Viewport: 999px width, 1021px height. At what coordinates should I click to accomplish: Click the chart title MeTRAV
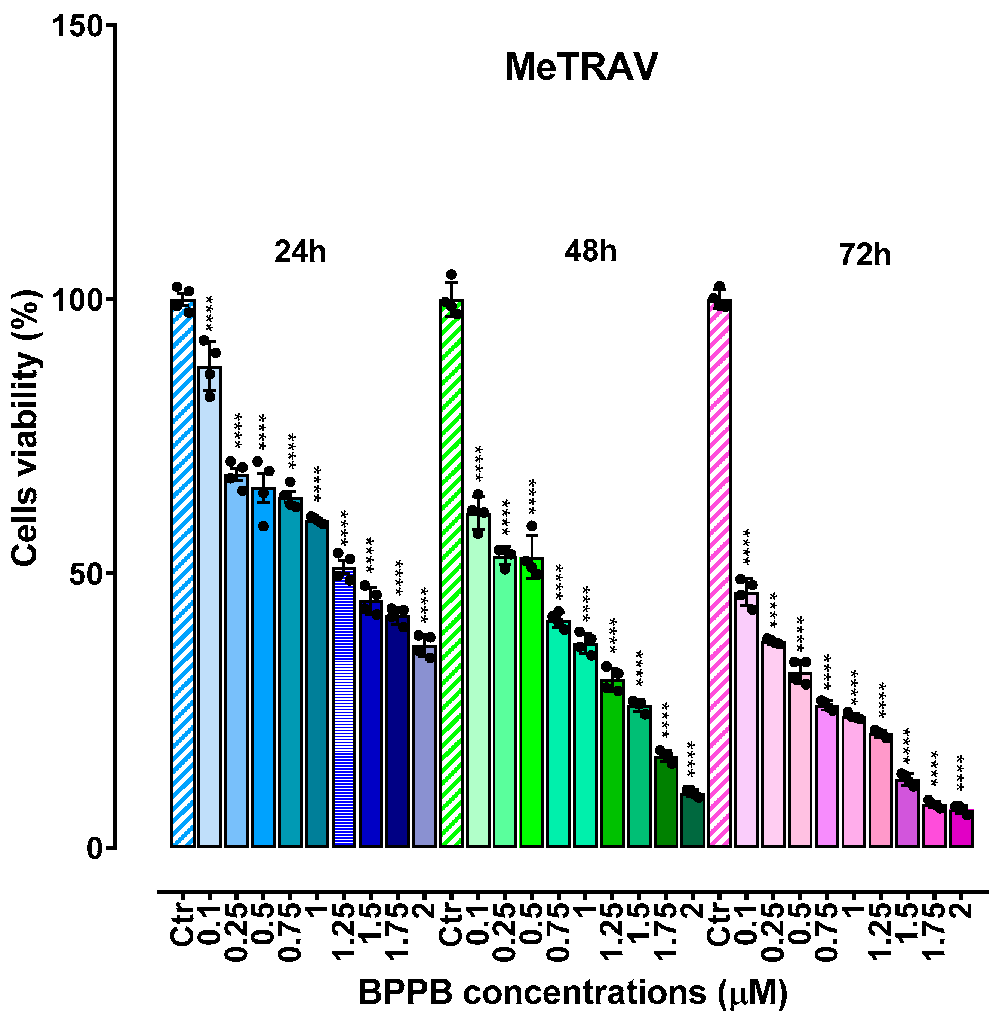click(x=581, y=68)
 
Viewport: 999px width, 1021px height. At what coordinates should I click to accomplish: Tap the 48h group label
click(x=591, y=251)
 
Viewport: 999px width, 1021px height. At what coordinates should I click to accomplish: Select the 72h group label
click(x=865, y=256)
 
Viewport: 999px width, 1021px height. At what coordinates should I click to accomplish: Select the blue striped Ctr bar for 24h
click(x=182, y=572)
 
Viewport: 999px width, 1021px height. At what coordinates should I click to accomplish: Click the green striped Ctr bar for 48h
click(x=451, y=572)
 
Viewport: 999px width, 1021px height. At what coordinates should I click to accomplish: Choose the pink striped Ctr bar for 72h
click(x=720, y=572)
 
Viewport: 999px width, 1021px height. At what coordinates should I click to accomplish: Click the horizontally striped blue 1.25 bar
click(x=344, y=706)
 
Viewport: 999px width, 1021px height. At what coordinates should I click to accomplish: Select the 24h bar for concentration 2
click(x=424, y=745)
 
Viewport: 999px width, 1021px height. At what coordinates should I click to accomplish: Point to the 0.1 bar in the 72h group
click(x=747, y=719)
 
